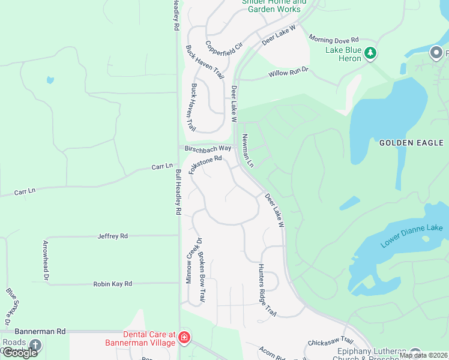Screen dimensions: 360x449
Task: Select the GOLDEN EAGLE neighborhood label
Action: pyautogui.click(x=411, y=143)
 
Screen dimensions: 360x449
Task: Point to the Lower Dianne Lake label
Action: pyautogui.click(x=412, y=236)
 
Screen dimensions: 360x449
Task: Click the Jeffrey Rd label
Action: pyautogui.click(x=113, y=236)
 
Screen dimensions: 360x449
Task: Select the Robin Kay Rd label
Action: pyautogui.click(x=112, y=284)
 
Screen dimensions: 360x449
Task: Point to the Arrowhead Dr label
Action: pyautogui.click(x=46, y=259)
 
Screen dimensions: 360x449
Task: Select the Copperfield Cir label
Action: pyautogui.click(x=223, y=53)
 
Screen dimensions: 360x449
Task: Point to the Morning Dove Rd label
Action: pyautogui.click(x=333, y=38)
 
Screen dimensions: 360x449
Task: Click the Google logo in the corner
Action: pyautogui.click(x=20, y=353)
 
